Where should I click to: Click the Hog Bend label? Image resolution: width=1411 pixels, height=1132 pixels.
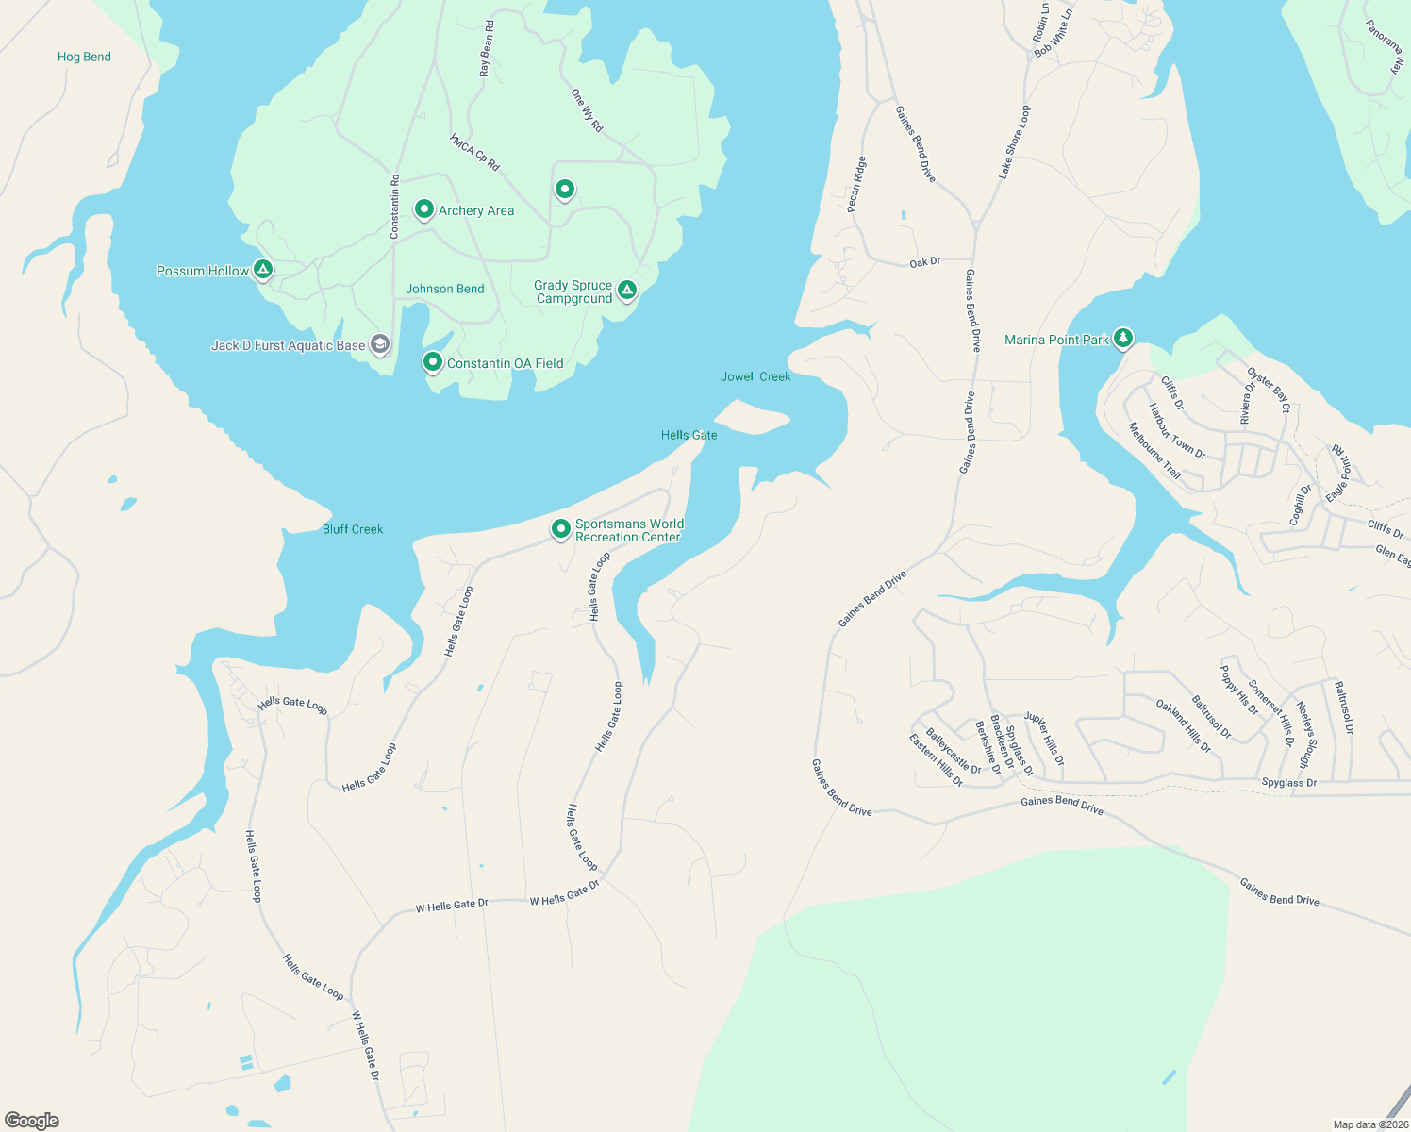coord(84,57)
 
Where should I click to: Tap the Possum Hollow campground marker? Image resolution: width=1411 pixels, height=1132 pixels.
coord(264,271)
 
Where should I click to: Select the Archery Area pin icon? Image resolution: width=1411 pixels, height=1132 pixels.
coord(424,209)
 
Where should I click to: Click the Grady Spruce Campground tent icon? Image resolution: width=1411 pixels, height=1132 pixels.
coord(627,290)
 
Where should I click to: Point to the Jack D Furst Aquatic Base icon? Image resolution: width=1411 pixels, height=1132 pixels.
coord(379,344)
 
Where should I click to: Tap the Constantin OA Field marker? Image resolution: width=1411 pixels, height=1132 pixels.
coord(432,361)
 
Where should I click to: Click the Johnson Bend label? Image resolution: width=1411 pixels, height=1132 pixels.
coord(444,289)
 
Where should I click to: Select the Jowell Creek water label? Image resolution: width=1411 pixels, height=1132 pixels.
coord(755,376)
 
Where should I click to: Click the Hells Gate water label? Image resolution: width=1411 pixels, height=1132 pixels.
coord(689,435)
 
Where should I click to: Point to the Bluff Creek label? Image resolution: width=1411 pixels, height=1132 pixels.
coord(353,529)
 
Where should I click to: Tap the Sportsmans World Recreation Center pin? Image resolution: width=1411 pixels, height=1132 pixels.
coord(561,528)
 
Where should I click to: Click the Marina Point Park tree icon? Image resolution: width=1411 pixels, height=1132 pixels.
coord(1122,338)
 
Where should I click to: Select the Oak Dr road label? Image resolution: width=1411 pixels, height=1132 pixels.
coord(925,262)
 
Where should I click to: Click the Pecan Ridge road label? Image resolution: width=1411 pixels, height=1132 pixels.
coord(855,184)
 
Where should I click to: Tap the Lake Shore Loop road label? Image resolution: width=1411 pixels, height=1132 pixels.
coord(1015,141)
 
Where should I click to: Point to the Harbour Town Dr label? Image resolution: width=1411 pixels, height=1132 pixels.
coord(1176,432)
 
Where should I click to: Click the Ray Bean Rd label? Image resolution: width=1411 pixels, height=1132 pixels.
coord(487,49)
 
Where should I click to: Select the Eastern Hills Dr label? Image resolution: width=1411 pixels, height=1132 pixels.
coord(936,760)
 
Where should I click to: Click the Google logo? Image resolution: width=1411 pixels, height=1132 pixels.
coord(32,1121)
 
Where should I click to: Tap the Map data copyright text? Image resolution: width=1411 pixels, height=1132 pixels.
coord(1370,1124)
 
